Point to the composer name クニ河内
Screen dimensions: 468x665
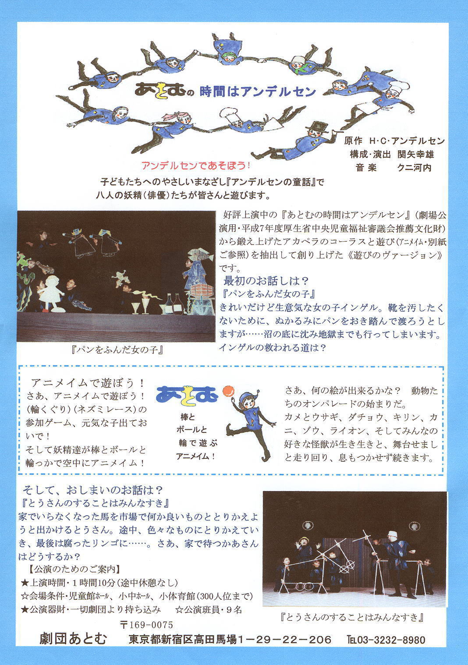tap(414, 168)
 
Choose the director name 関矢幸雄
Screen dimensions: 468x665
tap(415, 154)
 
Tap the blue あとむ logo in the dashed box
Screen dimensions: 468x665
tap(187, 394)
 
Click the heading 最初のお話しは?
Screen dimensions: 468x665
tap(266, 280)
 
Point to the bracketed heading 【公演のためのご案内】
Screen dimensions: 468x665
tap(74, 569)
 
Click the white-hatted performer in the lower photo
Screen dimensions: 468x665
tap(397, 562)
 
